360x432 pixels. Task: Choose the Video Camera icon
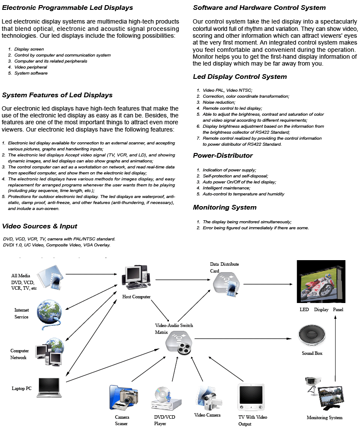210,397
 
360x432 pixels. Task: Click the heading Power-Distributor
223,156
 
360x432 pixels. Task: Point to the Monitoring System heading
225,207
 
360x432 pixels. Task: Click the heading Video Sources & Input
39,226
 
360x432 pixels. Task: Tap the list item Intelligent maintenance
226,188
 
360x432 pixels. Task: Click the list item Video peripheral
30,67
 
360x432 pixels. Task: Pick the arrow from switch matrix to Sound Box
244,339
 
